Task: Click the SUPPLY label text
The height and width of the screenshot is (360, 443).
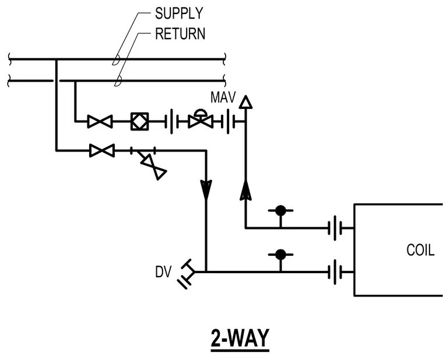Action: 179,13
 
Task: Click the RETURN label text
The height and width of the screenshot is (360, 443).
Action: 180,34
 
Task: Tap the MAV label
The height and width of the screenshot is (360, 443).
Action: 223,97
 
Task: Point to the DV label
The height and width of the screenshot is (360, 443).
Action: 163,272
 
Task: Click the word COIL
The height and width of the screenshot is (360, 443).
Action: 420,250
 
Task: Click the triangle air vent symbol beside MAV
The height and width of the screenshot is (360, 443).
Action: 245,102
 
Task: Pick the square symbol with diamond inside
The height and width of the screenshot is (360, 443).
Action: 139,121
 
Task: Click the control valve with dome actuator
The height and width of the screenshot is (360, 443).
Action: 201,119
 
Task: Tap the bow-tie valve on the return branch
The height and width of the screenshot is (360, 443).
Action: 100,121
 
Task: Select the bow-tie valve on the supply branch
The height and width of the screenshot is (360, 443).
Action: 102,150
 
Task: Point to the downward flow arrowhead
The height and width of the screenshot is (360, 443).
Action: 206,189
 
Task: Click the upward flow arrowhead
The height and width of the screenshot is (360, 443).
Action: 245,190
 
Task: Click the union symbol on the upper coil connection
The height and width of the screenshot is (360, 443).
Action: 335,228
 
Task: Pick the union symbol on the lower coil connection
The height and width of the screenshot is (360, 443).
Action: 335,272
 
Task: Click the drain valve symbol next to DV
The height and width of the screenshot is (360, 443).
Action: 186,274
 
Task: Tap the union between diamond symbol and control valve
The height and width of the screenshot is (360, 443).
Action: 172,121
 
